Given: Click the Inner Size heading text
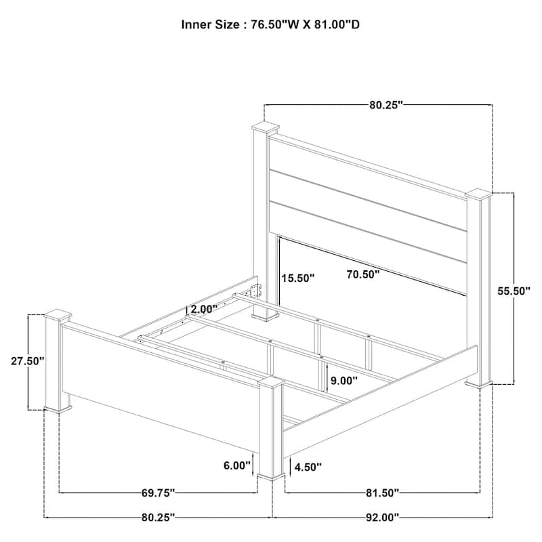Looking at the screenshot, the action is click(270, 24).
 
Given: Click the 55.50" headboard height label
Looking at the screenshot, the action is click(514, 291).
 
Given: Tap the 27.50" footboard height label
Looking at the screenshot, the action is click(28, 361).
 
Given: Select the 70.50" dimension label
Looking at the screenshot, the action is click(363, 274).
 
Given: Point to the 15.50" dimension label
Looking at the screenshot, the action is click(297, 278).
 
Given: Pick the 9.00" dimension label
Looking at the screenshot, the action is click(344, 381).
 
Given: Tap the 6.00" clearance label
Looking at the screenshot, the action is click(236, 465).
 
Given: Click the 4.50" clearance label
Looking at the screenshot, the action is click(308, 467).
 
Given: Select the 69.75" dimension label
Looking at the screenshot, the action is click(158, 493).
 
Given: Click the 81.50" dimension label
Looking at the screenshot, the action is click(382, 493).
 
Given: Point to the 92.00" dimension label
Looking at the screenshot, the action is click(382, 518).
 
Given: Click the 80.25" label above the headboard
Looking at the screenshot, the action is click(386, 105).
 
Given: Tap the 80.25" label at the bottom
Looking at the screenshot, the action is click(158, 518).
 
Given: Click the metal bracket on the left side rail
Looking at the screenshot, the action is click(256, 291).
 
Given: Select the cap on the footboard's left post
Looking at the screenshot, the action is click(58, 315).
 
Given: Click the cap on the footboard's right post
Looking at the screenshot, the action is click(272, 383).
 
